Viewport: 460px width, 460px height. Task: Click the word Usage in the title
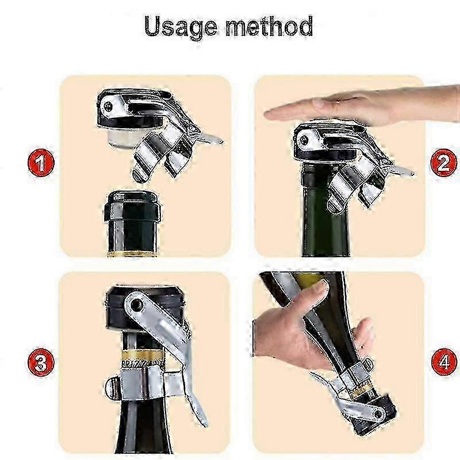coord(181,27)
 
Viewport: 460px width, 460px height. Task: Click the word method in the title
coord(269,26)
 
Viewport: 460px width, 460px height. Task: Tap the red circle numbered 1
coord(41,163)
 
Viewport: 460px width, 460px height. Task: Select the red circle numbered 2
coord(443,163)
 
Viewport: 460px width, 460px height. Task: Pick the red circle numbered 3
coord(41,362)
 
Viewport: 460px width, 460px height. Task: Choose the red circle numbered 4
coord(443,362)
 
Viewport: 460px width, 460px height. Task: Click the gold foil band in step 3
coord(141,358)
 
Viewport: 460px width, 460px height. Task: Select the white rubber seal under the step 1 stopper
coord(122,137)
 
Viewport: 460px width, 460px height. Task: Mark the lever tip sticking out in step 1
coord(213,139)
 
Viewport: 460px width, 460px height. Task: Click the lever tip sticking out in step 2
coord(404,171)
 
